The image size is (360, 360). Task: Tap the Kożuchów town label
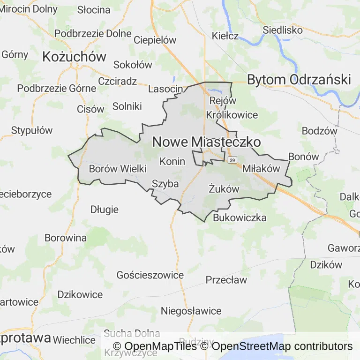(74, 57)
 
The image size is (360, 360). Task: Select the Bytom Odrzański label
(299, 80)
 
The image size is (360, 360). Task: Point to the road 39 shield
(233, 160)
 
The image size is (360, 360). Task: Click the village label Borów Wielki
(118, 169)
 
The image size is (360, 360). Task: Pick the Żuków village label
(224, 189)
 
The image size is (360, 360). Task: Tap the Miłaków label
(261, 169)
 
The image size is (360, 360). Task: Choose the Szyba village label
(165, 184)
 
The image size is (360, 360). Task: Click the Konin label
(172, 161)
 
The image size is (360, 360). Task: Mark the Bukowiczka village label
(240, 217)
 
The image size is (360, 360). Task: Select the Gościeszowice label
(150, 275)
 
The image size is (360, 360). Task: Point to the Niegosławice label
(191, 311)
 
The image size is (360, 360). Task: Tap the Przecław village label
(226, 280)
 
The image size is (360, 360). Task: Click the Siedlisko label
(283, 29)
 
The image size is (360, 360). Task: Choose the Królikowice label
(232, 115)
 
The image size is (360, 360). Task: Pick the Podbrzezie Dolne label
(93, 33)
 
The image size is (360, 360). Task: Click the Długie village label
(105, 210)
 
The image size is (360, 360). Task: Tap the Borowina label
(66, 238)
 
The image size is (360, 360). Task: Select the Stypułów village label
(32, 130)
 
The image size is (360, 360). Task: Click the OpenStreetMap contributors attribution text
(282, 346)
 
